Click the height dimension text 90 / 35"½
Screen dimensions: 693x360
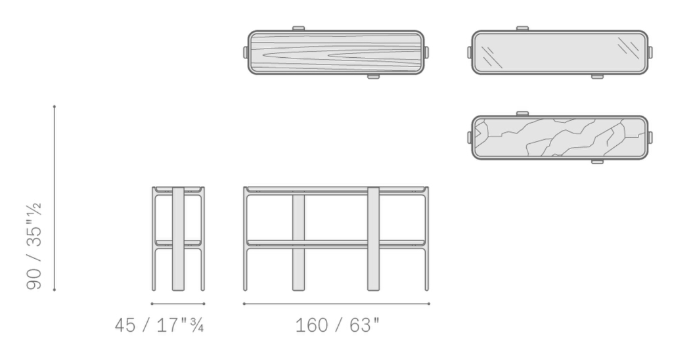34,246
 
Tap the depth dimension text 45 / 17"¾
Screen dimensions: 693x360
159,325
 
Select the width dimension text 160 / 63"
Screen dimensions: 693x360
337,325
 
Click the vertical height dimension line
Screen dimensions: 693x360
55,198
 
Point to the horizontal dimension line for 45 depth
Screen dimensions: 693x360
177,304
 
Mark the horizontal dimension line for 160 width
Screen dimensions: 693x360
336,304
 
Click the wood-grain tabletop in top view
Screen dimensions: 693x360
336,52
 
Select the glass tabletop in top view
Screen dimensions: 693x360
560,52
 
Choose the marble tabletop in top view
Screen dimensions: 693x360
560,137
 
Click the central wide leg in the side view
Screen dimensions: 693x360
178,239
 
